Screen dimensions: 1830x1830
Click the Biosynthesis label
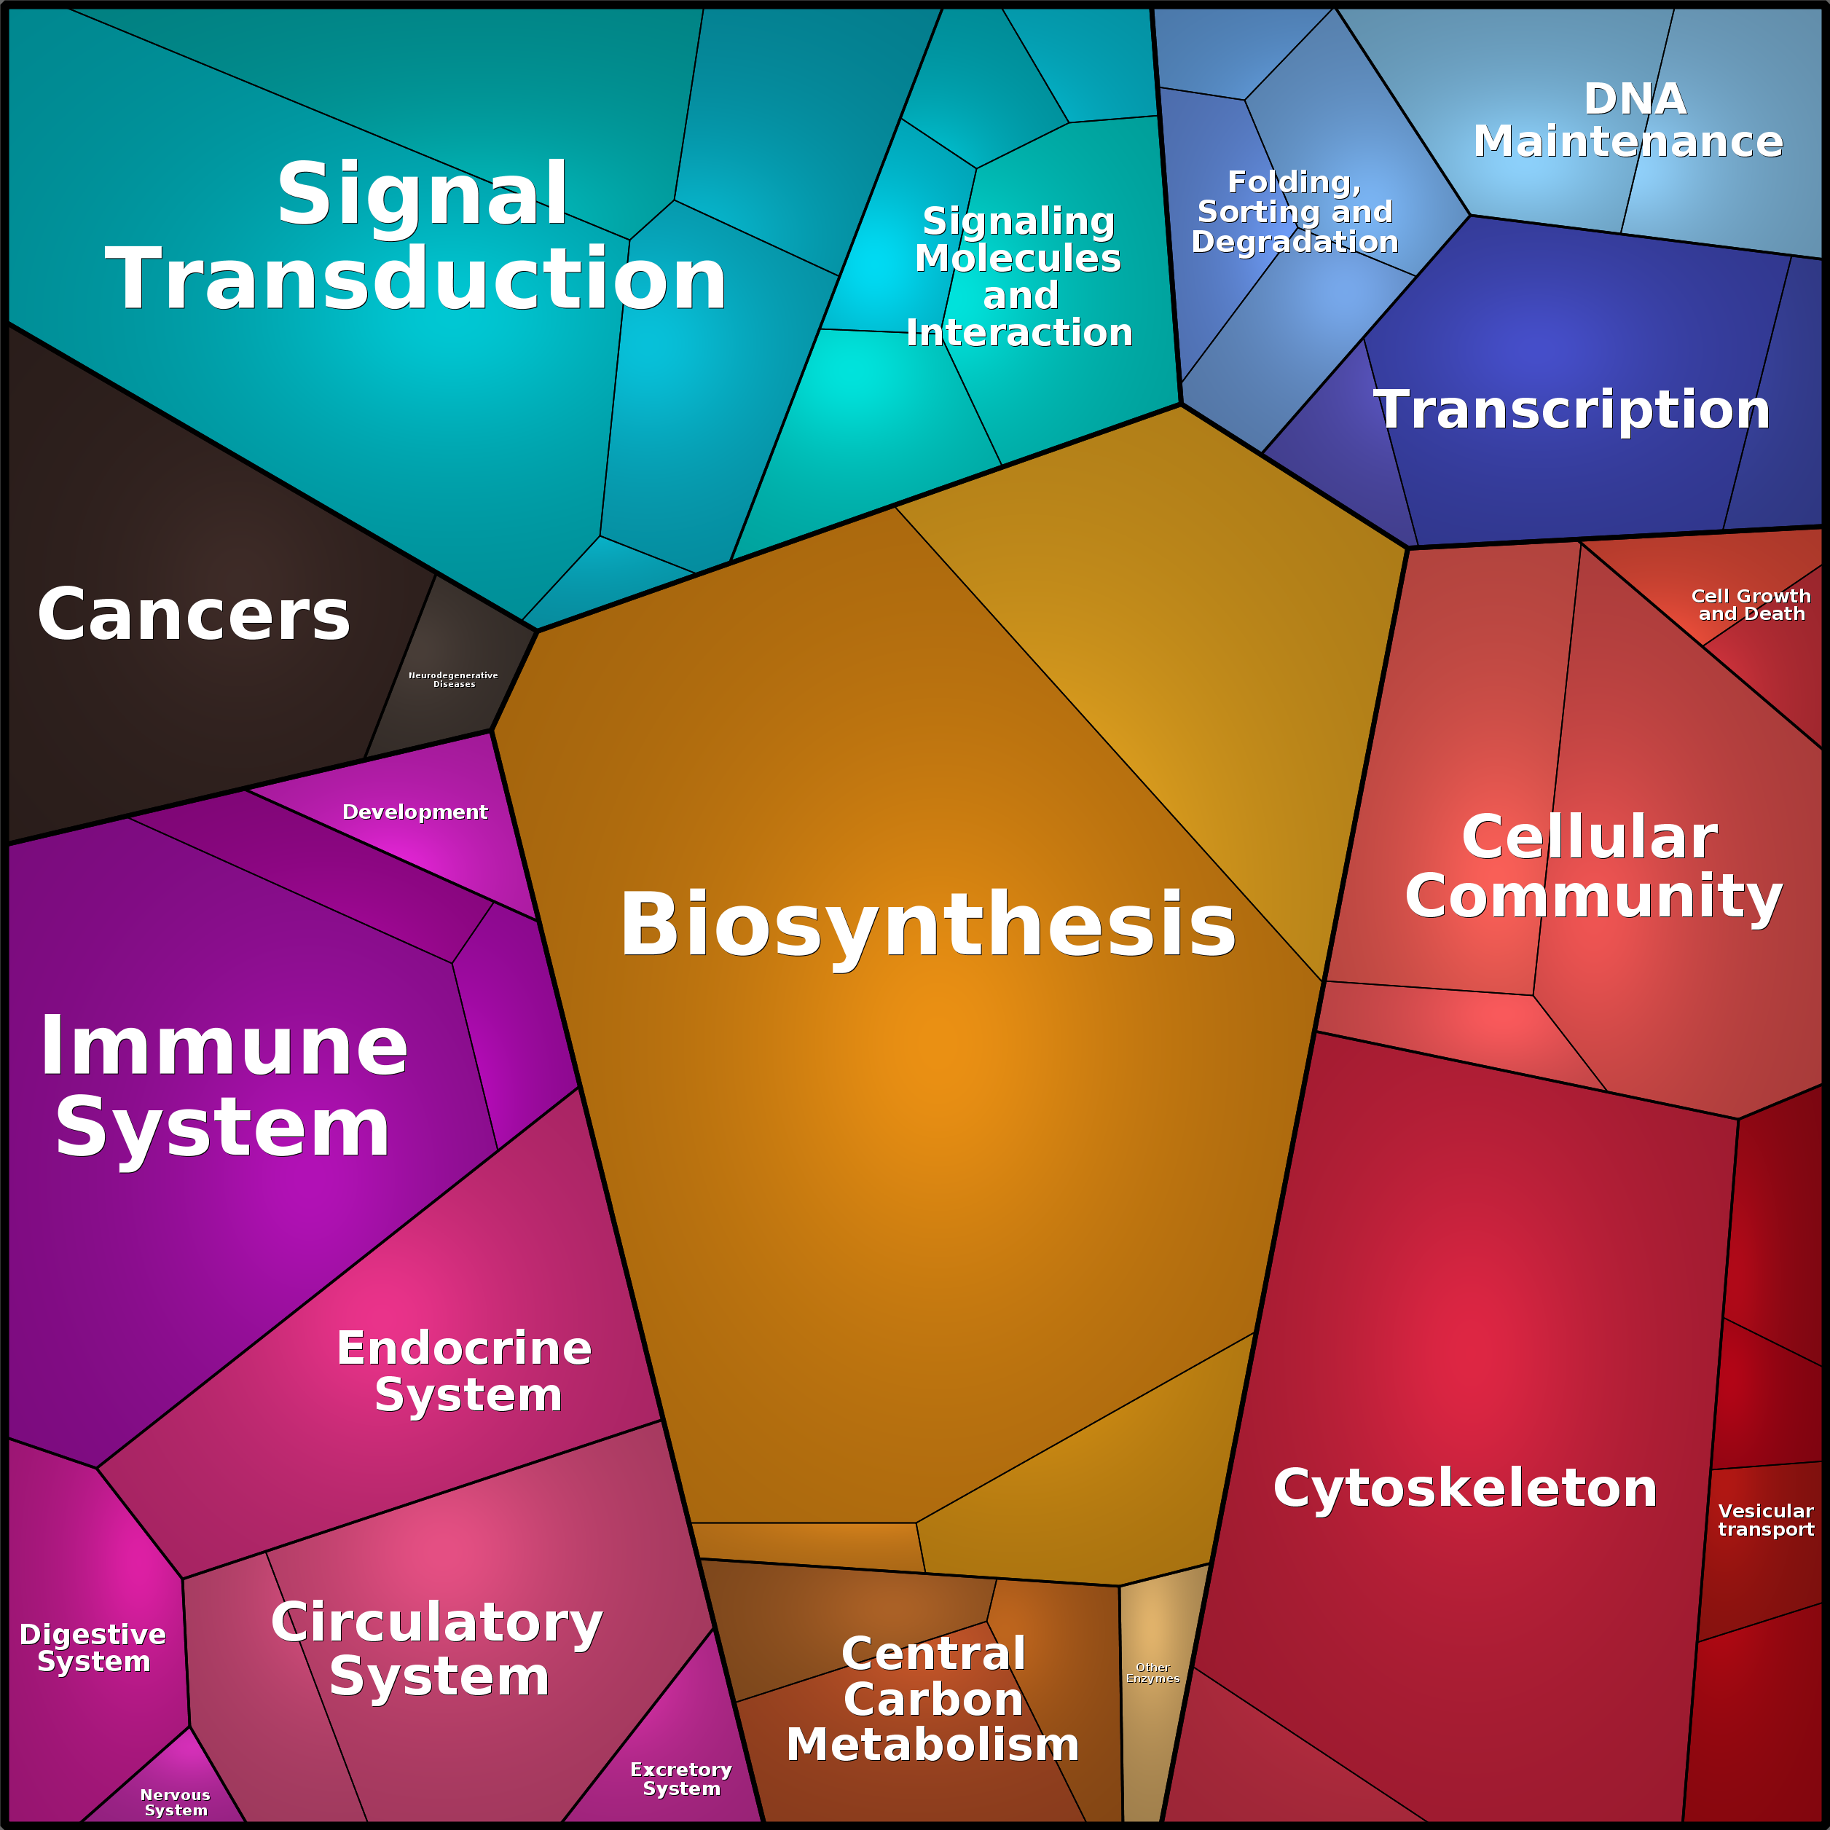click(x=927, y=925)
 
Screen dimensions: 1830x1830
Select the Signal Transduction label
click(x=417, y=236)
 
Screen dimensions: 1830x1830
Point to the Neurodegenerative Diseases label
click(x=452, y=679)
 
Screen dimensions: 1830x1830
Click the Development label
click(x=415, y=812)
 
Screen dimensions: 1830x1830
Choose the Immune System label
click(x=224, y=1086)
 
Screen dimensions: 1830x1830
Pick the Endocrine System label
click(x=464, y=1372)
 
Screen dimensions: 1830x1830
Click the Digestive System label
click(x=93, y=1647)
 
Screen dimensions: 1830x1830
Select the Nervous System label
click(x=176, y=1802)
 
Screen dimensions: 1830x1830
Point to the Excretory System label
click(x=681, y=1779)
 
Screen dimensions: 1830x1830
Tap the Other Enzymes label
click(x=1152, y=1673)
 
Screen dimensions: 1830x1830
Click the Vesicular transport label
click(x=1767, y=1520)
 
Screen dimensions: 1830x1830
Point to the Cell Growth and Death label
click(x=1751, y=605)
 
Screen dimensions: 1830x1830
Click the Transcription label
click(x=1572, y=410)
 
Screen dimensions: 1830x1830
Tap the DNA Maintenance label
click(x=1629, y=120)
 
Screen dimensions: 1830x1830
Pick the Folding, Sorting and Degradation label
click(x=1295, y=211)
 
